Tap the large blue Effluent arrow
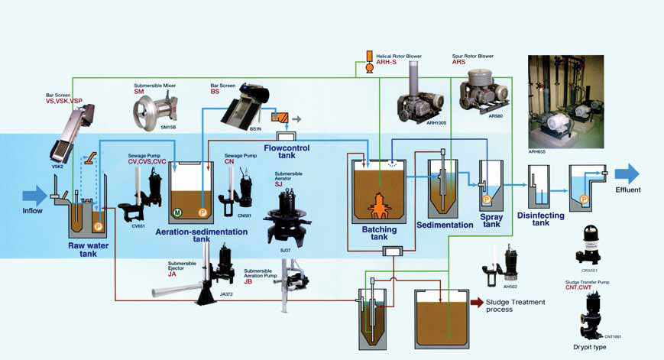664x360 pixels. (x=627, y=174)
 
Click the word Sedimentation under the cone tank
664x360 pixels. (x=445, y=225)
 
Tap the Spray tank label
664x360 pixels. (x=491, y=221)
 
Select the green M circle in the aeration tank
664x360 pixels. (x=177, y=212)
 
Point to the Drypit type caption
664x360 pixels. (x=590, y=347)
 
